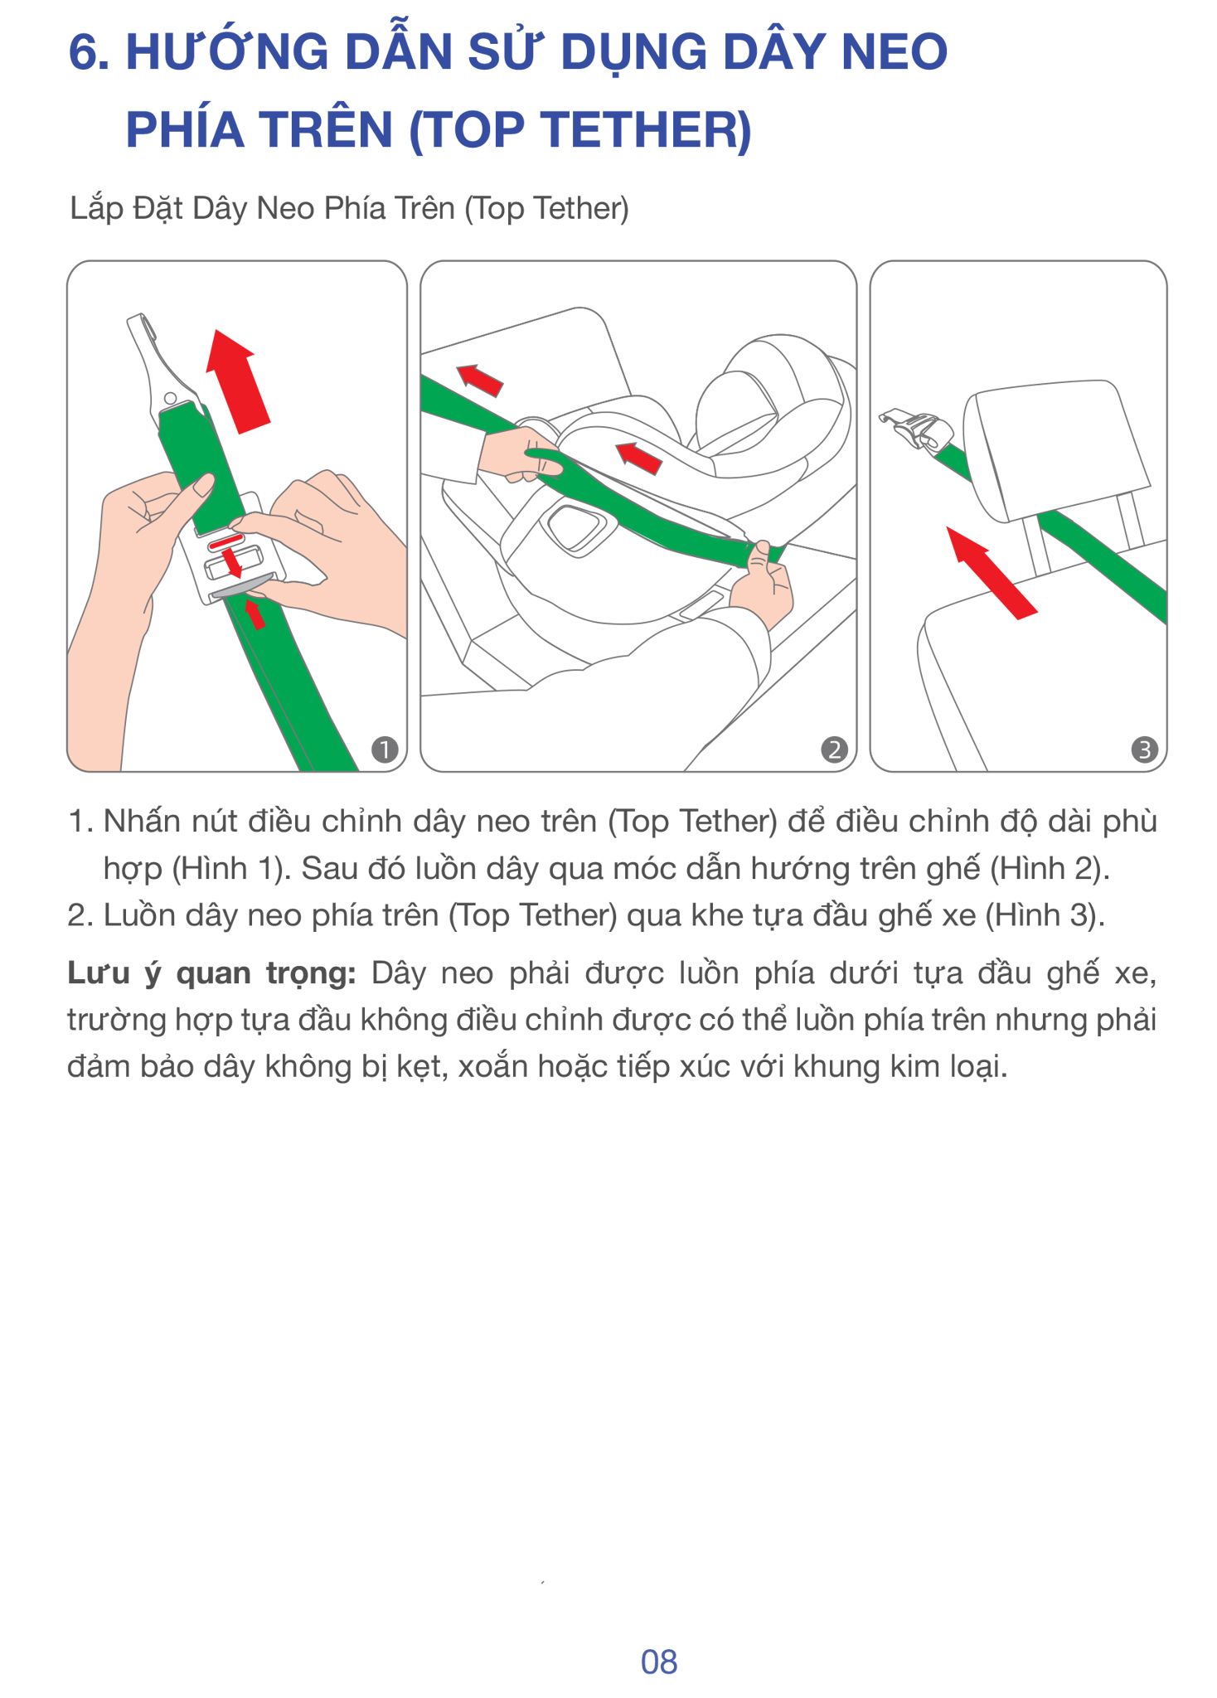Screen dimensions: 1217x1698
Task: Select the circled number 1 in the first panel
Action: pos(384,750)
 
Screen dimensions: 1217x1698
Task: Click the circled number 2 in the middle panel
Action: pos(833,750)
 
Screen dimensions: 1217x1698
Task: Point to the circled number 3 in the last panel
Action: pos(1145,750)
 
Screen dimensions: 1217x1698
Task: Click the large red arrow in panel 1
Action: pos(238,381)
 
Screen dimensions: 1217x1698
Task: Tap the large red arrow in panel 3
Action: pos(992,573)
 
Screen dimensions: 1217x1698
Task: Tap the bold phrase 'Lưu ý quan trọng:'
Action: pos(211,973)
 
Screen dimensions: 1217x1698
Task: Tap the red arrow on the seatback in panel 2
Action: pos(480,380)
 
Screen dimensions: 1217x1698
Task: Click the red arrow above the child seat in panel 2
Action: pos(638,458)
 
